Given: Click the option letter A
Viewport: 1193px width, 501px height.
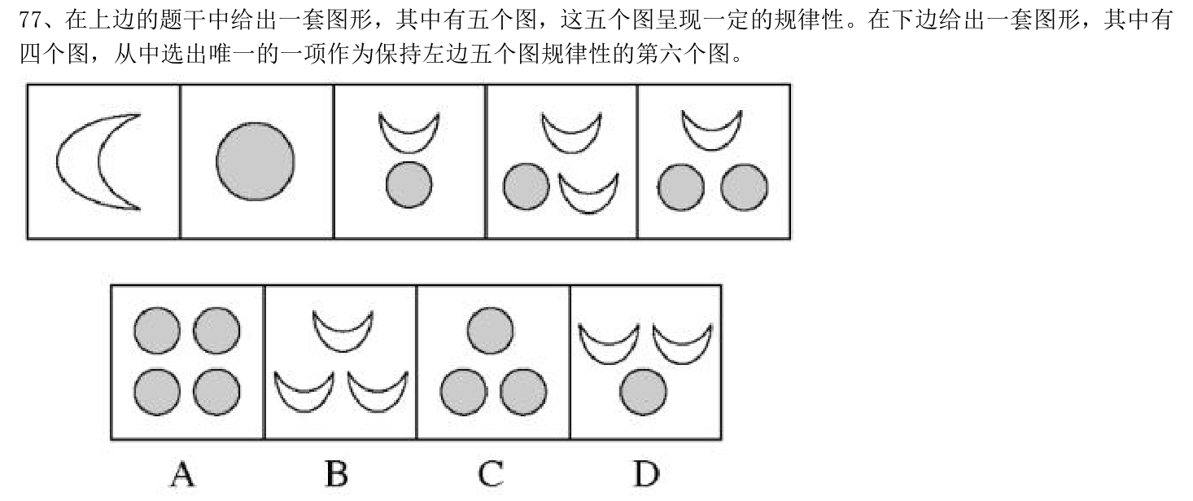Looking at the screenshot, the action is pyautogui.click(x=182, y=474).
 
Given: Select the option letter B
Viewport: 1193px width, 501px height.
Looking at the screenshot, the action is pyautogui.click(x=337, y=474).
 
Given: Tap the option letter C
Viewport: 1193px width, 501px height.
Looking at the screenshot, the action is pyautogui.click(x=491, y=474).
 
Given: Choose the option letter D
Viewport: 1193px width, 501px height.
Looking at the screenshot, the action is pyautogui.click(x=647, y=474).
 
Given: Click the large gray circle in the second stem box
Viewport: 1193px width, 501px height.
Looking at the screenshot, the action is pyautogui.click(x=255, y=161).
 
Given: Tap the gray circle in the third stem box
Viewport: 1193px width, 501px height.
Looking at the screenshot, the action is pyautogui.click(x=409, y=184).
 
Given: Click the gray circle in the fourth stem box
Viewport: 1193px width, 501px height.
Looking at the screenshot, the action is pyautogui.click(x=527, y=187).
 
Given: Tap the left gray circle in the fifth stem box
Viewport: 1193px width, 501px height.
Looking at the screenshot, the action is pyautogui.click(x=680, y=187).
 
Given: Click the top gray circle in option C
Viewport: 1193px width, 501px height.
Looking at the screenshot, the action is pyautogui.click(x=491, y=331).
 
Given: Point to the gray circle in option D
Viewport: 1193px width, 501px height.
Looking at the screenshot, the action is pyautogui.click(x=644, y=392).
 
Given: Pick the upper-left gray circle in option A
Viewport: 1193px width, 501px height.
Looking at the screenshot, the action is pyautogui.click(x=156, y=331).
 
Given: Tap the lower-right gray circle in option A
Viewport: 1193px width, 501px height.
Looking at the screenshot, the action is pyautogui.click(x=216, y=392).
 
